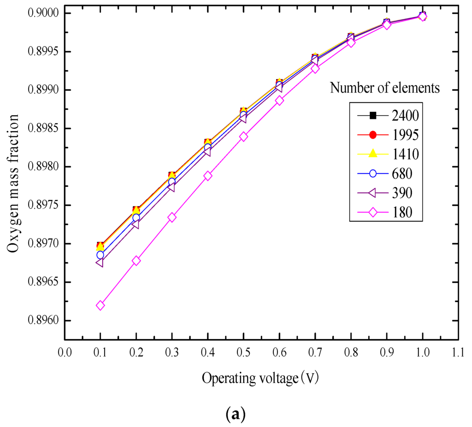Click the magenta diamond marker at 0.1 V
pyautogui.click(x=100, y=305)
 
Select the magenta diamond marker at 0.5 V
pyautogui.click(x=243, y=136)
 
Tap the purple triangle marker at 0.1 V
pyautogui.click(x=100, y=263)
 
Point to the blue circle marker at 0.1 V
pyautogui.click(x=100, y=255)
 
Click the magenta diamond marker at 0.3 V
pyautogui.click(x=172, y=217)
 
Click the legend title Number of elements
pyautogui.click(x=384, y=88)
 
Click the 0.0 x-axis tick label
pyautogui.click(x=64, y=353)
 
